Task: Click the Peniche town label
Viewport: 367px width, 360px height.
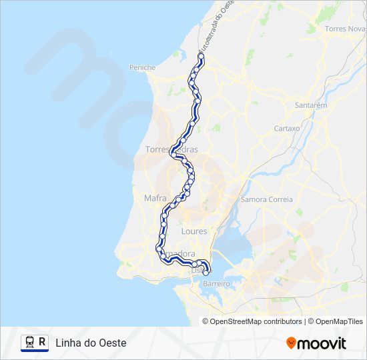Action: pos(143,67)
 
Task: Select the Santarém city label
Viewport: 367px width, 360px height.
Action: pos(311,105)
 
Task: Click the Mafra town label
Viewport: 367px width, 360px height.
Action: pos(155,198)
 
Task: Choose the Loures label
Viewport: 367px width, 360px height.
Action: pos(194,231)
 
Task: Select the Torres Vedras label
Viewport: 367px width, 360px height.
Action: pos(171,150)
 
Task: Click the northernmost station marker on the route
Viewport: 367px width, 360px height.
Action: pos(200,57)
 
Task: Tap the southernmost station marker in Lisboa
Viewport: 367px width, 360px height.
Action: pos(206,273)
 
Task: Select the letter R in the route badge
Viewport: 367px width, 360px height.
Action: pos(43,343)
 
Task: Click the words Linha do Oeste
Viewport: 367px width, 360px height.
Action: pos(91,343)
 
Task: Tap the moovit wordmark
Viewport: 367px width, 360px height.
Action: pos(322,343)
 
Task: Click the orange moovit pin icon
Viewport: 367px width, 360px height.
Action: pos(291,343)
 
